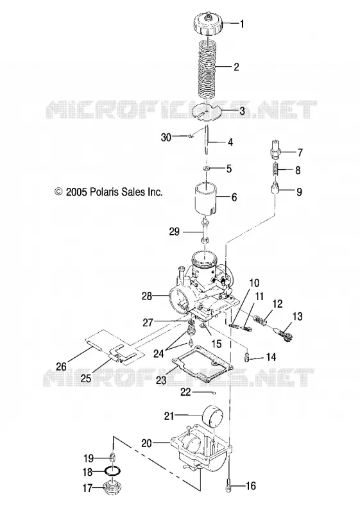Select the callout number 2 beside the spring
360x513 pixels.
[236, 67]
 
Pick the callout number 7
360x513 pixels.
[300, 152]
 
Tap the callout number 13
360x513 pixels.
[298, 316]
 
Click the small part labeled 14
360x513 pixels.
[247, 358]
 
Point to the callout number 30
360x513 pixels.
[166, 137]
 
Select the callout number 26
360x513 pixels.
[62, 366]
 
